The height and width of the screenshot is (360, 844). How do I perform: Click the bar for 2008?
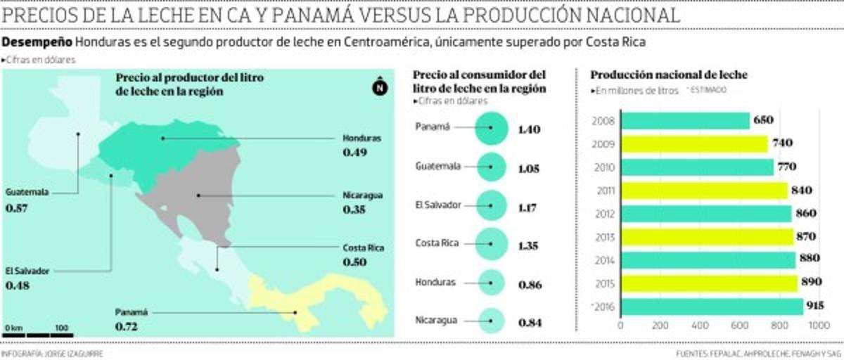[x=684, y=121]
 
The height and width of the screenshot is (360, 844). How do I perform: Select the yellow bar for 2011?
[x=703, y=191]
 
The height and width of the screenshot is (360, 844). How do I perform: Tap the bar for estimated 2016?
[x=711, y=307]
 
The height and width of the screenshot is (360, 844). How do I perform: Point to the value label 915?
[x=816, y=307]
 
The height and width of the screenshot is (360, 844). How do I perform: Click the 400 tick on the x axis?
[x=699, y=326]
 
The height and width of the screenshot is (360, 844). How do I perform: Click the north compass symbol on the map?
[x=379, y=87]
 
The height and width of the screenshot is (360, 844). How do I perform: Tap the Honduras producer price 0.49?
[x=355, y=153]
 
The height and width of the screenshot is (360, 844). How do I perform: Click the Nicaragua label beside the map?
[x=363, y=195]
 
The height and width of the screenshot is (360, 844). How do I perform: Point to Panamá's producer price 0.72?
[x=126, y=327]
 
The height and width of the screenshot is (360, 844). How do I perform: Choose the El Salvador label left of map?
[x=25, y=272]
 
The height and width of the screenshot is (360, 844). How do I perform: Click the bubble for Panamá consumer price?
[x=491, y=129]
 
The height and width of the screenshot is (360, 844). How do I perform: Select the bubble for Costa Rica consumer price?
[x=491, y=245]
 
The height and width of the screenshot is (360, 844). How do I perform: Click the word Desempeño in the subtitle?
[x=37, y=43]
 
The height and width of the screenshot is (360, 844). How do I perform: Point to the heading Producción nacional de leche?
[x=669, y=75]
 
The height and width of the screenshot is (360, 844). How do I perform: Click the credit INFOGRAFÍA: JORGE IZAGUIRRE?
[x=52, y=354]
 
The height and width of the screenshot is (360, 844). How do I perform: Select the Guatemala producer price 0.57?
[x=16, y=208]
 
